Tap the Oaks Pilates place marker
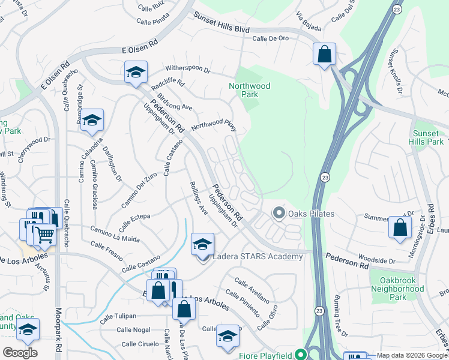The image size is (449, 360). click(x=278, y=213)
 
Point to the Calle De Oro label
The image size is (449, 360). click(x=270, y=38)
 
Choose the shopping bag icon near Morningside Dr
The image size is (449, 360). click(x=400, y=227)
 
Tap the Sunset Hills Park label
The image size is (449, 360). click(x=428, y=137)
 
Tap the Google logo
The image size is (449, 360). click(x=20, y=353)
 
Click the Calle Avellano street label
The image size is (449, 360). click(x=252, y=290)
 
